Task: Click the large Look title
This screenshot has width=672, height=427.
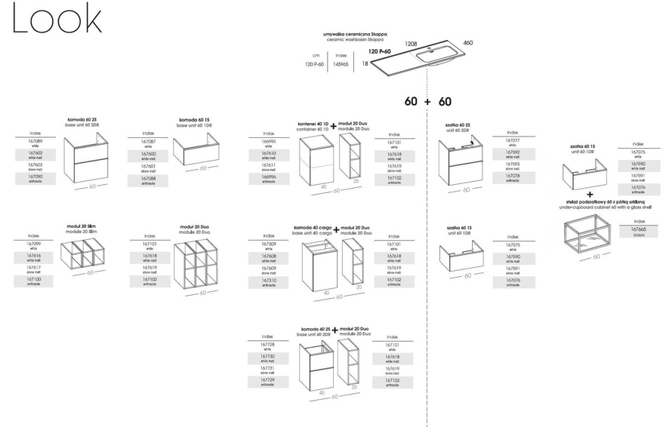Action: point(57,20)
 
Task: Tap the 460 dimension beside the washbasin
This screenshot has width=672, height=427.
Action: point(468,43)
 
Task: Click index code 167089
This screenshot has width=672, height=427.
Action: point(35,141)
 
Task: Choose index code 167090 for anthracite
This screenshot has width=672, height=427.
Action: point(35,177)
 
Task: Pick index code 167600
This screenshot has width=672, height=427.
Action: point(149,153)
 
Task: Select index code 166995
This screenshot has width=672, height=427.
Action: point(270,141)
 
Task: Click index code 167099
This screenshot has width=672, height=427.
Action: point(34,244)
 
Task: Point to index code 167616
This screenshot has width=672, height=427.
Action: point(34,257)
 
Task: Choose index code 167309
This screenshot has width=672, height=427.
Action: point(268,245)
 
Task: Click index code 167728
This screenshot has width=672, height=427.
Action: point(267,344)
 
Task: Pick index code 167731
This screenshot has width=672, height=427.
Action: point(267,367)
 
